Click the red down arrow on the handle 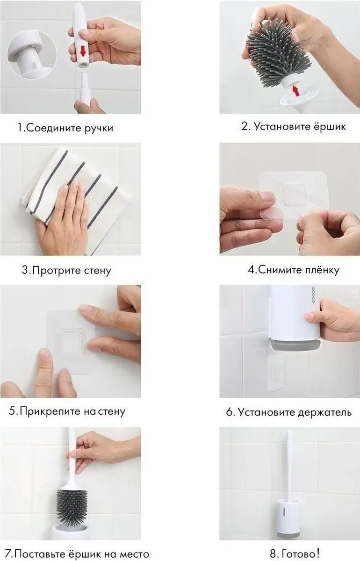83,51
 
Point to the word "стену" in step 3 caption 96,271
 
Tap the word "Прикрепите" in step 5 50,412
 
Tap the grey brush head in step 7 72,505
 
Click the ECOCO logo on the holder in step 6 313,295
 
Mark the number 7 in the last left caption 8,554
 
